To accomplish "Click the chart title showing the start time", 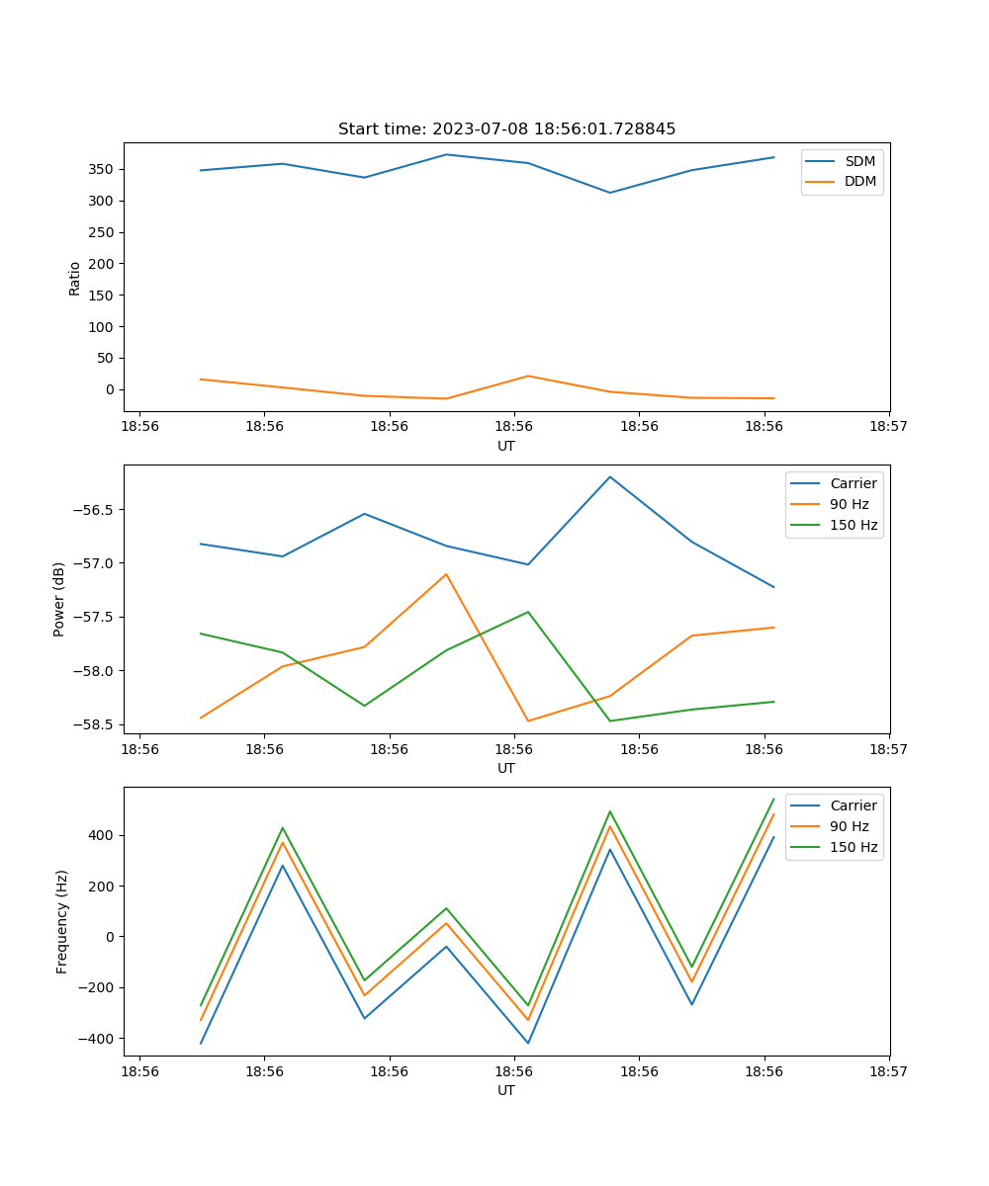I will pos(506,129).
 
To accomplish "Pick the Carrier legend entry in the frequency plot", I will pos(853,805).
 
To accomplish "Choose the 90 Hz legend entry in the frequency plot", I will pos(849,826).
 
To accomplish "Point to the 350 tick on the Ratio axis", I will pos(104,169).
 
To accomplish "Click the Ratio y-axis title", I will pos(75,278).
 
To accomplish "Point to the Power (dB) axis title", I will pos(59,599).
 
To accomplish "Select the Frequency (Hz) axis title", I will pos(61,921).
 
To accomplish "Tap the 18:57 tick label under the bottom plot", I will pos(889,1070).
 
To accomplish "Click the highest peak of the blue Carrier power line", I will pos(610,476).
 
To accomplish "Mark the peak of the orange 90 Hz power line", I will pos(446,574).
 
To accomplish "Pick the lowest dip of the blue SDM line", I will pos(609,193).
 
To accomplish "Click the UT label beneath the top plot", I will pos(506,446).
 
